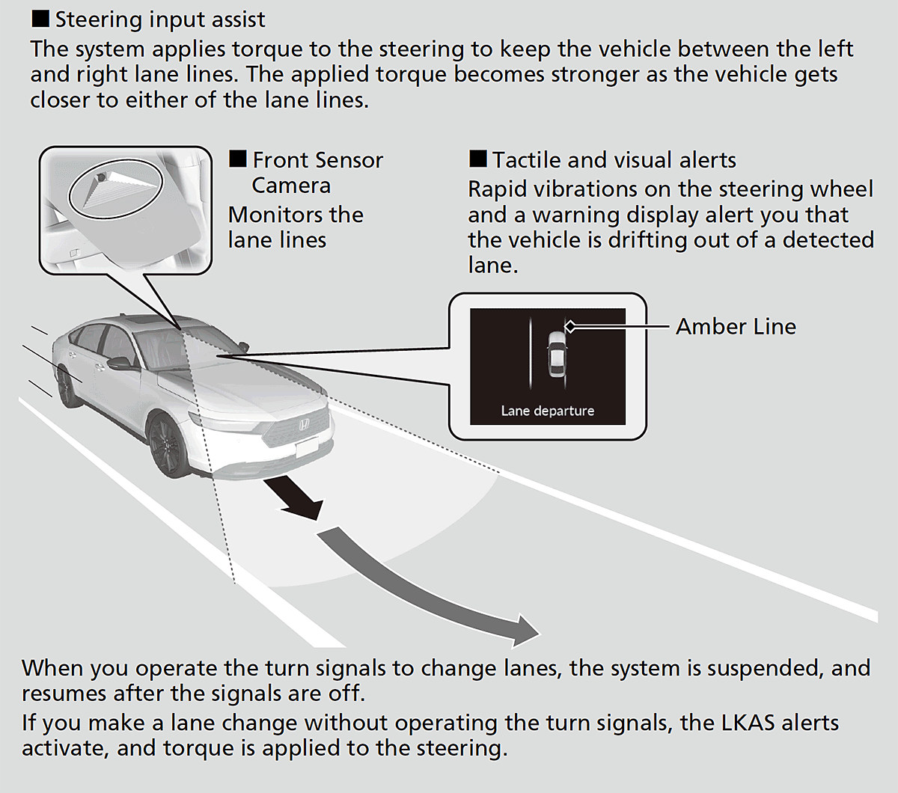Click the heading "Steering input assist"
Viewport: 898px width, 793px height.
pyautogui.click(x=160, y=20)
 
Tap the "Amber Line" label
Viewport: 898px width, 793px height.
pyautogui.click(x=736, y=327)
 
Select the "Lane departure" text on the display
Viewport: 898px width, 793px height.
pyautogui.click(x=547, y=411)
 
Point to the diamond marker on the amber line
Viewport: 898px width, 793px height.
pyautogui.click(x=570, y=327)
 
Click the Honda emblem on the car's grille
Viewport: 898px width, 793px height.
pyautogui.click(x=305, y=425)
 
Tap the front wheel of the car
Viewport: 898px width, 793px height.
pyautogui.click(x=167, y=444)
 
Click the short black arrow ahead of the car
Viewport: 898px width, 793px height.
pyautogui.click(x=293, y=498)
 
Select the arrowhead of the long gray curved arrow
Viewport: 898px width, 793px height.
pyautogui.click(x=525, y=631)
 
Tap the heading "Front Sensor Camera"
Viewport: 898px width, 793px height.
pyautogui.click(x=306, y=172)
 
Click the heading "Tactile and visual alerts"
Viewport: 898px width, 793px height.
pyautogui.click(x=602, y=159)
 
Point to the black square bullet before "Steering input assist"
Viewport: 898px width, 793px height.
pyautogui.click(x=40, y=19)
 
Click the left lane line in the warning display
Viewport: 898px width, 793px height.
pyautogui.click(x=530, y=353)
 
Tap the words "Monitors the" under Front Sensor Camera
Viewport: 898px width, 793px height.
pyautogui.click(x=296, y=215)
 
